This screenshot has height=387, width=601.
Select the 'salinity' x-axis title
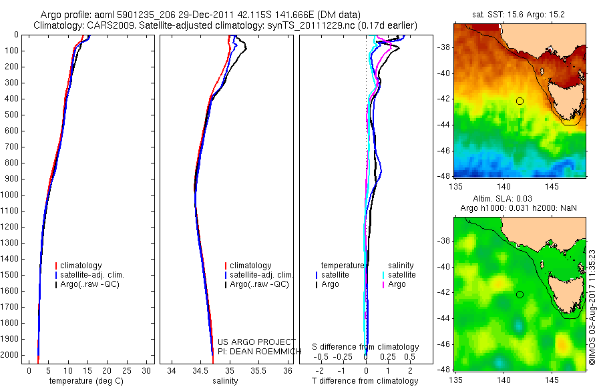225,381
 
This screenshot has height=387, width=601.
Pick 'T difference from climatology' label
365,381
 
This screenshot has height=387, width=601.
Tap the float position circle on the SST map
520,101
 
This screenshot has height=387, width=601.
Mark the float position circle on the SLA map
520,294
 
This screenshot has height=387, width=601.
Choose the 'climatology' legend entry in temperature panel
81,266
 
